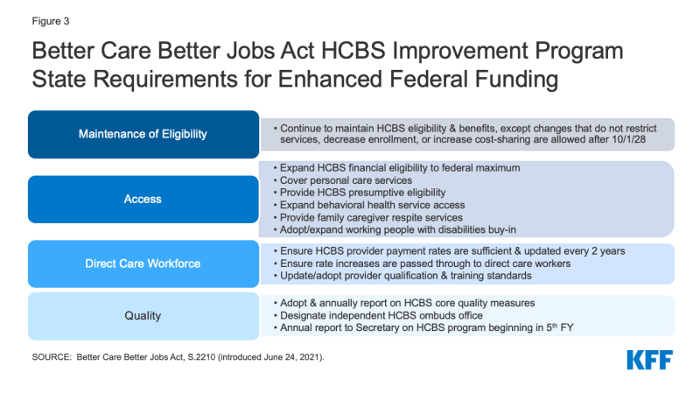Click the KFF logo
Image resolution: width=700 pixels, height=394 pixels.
click(649, 360)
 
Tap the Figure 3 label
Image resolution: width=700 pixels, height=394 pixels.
click(51, 21)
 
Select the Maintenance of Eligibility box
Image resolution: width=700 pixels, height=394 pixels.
click(143, 135)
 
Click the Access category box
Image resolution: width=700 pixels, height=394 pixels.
click(143, 200)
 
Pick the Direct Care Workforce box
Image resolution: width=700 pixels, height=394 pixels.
click(143, 264)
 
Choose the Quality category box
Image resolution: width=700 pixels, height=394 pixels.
click(143, 316)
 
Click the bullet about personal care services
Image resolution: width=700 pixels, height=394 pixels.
click(343, 180)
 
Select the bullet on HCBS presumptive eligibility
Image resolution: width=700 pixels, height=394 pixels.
click(360, 193)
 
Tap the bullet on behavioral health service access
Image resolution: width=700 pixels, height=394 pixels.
click(369, 205)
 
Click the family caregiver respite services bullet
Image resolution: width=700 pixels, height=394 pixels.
click(367, 217)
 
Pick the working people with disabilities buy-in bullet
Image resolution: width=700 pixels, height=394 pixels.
click(395, 229)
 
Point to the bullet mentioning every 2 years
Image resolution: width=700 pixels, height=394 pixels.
click(449, 251)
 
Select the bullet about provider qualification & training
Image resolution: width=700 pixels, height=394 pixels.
click(402, 276)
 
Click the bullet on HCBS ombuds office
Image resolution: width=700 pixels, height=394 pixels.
click(378, 315)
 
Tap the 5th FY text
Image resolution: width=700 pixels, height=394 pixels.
click(560, 327)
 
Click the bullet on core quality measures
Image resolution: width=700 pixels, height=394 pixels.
click(404, 303)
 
